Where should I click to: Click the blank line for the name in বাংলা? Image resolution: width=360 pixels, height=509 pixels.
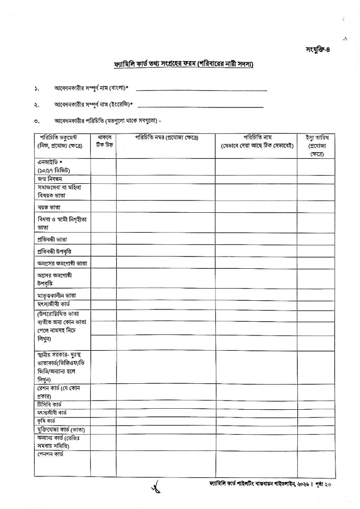click(x=201, y=90)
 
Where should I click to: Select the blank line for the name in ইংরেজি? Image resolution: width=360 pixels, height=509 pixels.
click(x=201, y=107)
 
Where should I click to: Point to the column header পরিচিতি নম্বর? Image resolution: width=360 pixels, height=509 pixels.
click(x=166, y=138)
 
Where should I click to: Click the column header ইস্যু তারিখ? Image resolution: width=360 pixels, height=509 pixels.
click(x=317, y=146)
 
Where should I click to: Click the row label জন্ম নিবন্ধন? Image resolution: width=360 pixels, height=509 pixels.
click(x=50, y=179)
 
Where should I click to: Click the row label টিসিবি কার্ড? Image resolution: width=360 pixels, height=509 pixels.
click(x=49, y=404)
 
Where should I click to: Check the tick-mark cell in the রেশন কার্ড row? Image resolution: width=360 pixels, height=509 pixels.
click(x=103, y=392)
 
